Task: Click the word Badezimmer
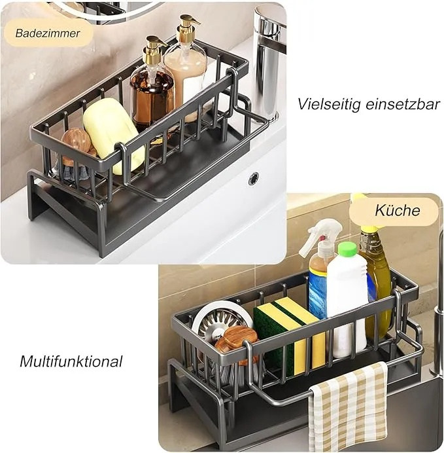(48, 33)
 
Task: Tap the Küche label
(397, 210)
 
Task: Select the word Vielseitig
(329, 103)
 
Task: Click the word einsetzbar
(403, 103)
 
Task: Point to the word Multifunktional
(71, 361)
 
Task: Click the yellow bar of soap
(112, 134)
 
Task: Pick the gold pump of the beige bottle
(188, 27)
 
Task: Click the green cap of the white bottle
(347, 249)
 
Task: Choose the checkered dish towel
(349, 407)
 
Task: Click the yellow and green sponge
(288, 335)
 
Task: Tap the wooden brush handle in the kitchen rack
(237, 341)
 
